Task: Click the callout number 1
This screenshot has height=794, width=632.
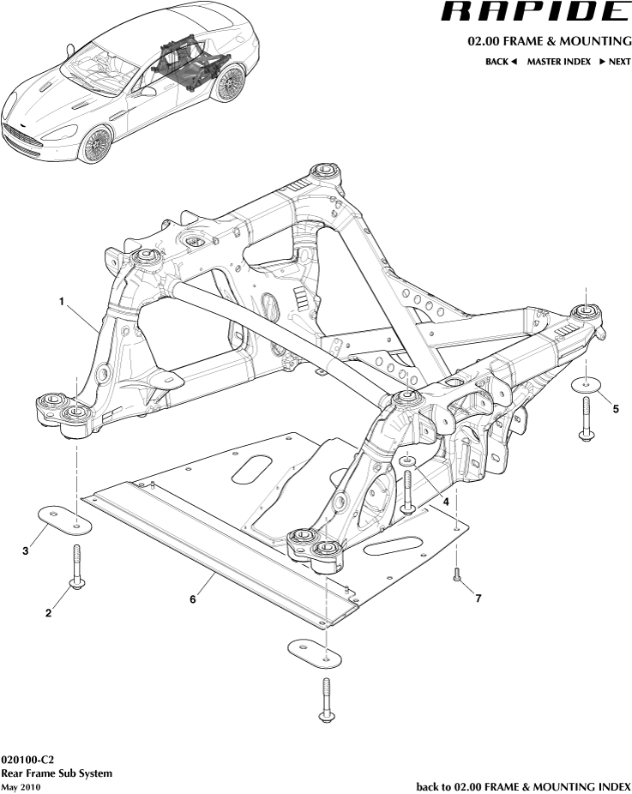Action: pos(62,301)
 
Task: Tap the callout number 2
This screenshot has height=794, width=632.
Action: pos(49,612)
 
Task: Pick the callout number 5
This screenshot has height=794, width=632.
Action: pos(615,409)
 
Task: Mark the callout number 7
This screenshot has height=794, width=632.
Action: pos(478,598)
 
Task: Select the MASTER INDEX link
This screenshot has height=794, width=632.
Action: pos(558,62)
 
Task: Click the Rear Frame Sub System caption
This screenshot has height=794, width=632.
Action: pos(57,773)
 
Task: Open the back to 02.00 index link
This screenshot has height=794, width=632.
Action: pos(523,785)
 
